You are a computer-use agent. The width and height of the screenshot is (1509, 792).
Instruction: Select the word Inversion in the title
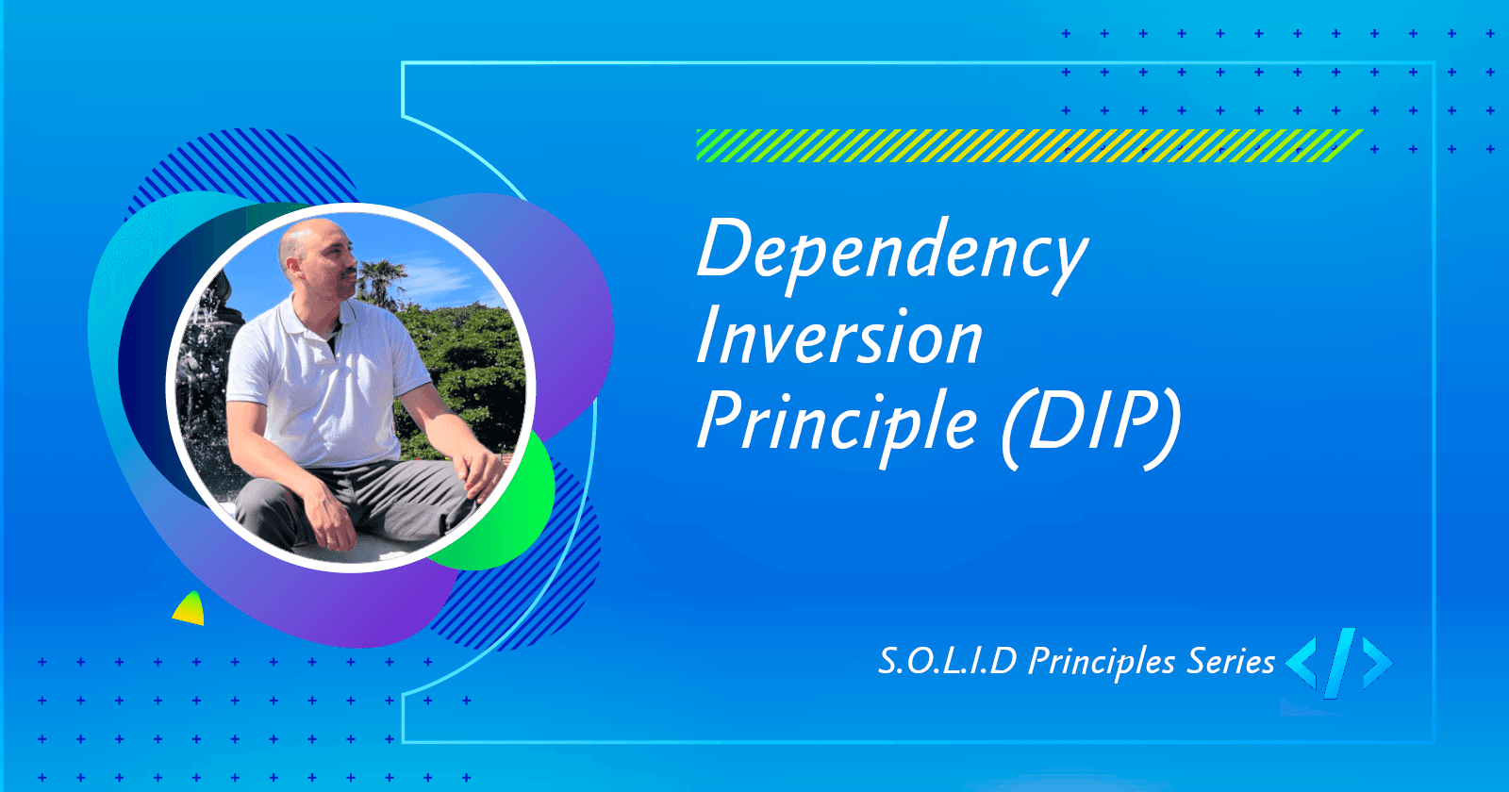(839, 338)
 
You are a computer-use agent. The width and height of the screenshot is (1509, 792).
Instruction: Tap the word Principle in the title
(837, 422)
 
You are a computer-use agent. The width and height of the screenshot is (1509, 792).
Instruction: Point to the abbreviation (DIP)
(1091, 424)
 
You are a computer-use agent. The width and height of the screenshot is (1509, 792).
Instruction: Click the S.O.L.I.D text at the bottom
(948, 661)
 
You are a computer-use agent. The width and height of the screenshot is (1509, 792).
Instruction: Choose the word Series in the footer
(1231, 661)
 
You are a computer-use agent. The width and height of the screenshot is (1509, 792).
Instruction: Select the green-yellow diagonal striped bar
(1028, 145)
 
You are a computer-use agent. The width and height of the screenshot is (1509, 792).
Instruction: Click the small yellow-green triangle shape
(191, 611)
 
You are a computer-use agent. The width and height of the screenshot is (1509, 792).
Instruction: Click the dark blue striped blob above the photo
(245, 165)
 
